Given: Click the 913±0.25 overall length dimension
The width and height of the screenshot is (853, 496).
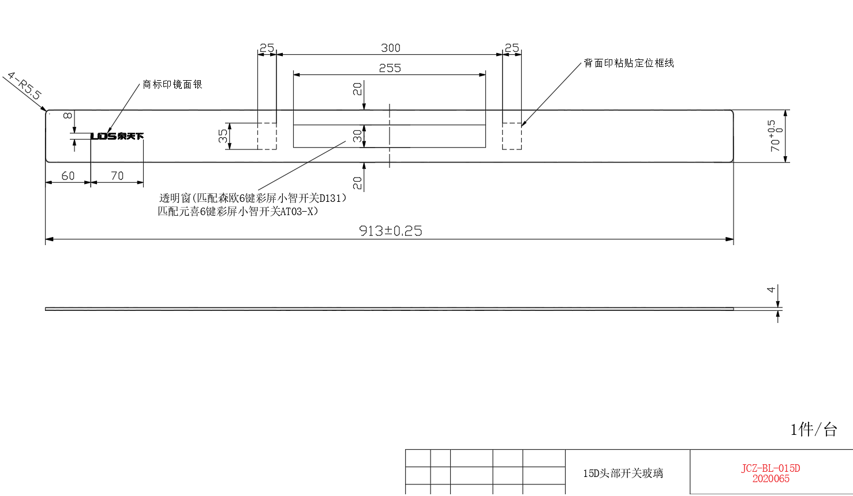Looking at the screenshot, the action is click(x=391, y=231).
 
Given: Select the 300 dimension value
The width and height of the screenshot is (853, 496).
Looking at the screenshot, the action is click(x=391, y=48).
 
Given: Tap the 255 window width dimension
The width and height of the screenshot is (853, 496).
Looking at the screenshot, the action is click(x=390, y=68).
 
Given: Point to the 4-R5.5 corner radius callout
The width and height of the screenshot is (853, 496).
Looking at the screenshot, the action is click(x=24, y=86).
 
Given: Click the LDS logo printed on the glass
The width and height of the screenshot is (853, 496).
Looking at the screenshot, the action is click(x=117, y=136).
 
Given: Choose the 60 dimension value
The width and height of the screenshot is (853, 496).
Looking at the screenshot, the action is click(x=68, y=176).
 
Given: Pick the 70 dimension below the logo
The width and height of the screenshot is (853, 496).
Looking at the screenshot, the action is click(x=117, y=176).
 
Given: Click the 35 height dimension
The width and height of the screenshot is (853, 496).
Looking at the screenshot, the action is click(x=223, y=136).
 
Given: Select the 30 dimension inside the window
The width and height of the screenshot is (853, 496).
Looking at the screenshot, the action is click(x=357, y=136).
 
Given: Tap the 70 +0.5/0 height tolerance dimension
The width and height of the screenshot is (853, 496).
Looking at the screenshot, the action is click(x=775, y=136).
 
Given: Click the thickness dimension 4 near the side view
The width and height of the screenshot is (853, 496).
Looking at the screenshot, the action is click(x=770, y=290).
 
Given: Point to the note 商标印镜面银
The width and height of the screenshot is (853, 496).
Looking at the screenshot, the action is click(x=173, y=85).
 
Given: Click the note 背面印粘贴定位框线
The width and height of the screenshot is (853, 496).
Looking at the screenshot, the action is click(x=629, y=63).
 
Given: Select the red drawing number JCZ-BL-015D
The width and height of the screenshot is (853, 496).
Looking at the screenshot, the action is click(x=770, y=468).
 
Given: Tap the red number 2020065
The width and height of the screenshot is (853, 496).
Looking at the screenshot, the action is click(x=770, y=479).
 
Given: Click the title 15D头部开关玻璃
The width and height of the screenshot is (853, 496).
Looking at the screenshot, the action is click(x=623, y=473).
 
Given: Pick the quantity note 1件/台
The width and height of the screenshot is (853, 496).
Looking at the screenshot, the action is click(x=813, y=430).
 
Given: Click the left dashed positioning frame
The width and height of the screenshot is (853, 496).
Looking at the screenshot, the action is click(x=267, y=123).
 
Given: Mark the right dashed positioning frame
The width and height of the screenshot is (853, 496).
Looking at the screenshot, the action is click(x=512, y=123).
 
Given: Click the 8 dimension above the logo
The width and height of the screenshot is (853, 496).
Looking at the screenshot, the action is click(x=68, y=115).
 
